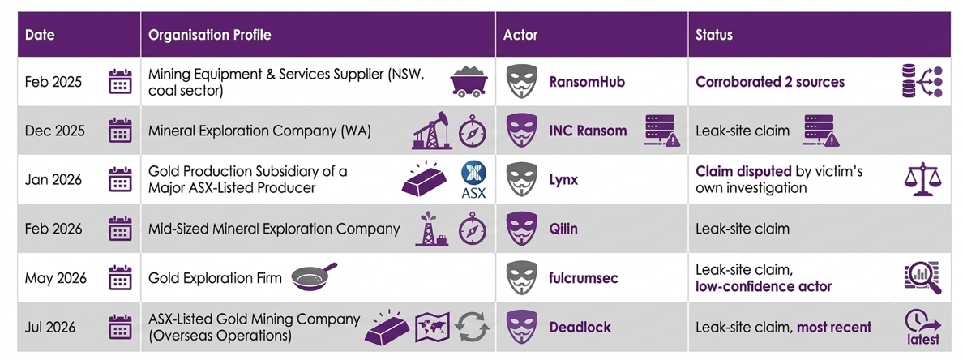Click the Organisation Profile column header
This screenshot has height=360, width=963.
(209, 35)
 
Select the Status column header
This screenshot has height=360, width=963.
(713, 35)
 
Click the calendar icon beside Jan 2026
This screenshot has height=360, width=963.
(120, 180)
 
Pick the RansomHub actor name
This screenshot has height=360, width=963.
(587, 82)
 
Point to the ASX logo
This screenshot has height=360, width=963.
(473, 181)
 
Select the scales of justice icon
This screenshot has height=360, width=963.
(922, 180)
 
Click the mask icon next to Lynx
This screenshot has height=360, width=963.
(521, 180)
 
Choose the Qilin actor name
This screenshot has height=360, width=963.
(564, 229)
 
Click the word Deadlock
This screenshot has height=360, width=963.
(580, 327)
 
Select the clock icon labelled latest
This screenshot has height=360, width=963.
(922, 326)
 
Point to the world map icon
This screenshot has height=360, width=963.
(433, 327)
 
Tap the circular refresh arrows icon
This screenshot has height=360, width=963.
(472, 327)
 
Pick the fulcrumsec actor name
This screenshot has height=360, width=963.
(584, 278)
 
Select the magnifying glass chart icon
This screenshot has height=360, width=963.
(922, 277)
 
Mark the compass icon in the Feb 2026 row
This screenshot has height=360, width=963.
(473, 229)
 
